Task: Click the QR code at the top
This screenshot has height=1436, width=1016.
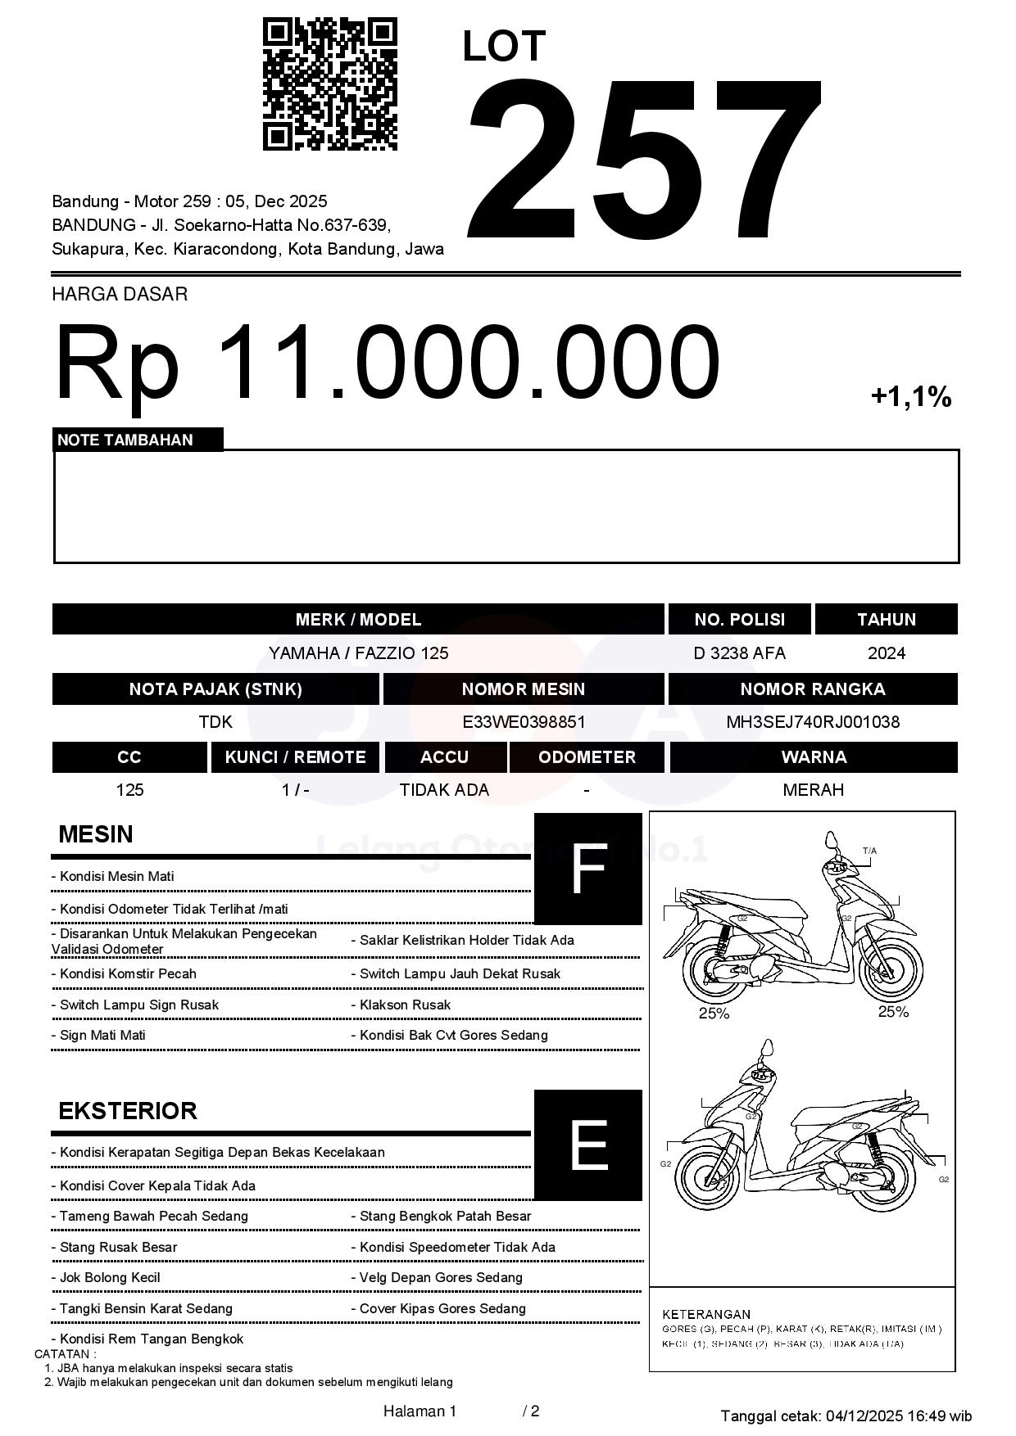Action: tap(329, 85)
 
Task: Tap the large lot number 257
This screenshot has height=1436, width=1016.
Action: tap(644, 162)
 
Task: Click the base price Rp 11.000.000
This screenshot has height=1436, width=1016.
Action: tap(387, 362)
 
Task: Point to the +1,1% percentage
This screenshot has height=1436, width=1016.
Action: tap(910, 398)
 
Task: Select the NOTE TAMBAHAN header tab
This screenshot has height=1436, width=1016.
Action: tap(125, 440)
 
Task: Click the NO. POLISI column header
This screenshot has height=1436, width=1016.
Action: tap(739, 619)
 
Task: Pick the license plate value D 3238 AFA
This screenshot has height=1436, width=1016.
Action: tap(739, 653)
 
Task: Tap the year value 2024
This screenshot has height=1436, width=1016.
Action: tap(887, 653)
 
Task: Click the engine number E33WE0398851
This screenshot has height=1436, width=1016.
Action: tap(524, 722)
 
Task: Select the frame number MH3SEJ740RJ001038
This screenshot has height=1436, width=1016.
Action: tap(813, 722)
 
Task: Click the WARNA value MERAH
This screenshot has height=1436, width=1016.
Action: tap(813, 790)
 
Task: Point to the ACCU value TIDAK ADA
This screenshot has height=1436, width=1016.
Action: tap(444, 790)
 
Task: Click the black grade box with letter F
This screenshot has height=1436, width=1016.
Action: tap(588, 869)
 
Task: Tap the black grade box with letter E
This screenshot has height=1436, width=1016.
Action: tap(588, 1145)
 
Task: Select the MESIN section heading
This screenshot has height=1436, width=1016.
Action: tap(96, 834)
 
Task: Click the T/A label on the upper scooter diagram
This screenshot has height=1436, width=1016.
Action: tap(869, 851)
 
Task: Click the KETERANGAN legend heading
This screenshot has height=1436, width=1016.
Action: tap(706, 1314)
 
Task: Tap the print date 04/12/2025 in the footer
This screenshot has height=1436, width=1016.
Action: tap(864, 1416)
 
